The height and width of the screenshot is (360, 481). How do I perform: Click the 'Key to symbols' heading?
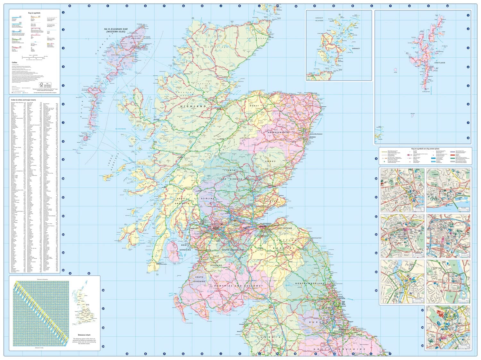(34, 13)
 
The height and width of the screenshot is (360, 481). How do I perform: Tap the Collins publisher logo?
(14, 63)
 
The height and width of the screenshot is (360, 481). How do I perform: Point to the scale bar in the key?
(34, 58)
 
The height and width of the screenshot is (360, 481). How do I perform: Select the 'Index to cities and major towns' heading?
(22, 100)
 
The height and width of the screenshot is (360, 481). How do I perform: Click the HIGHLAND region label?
(193, 106)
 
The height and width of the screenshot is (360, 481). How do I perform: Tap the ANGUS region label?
(270, 161)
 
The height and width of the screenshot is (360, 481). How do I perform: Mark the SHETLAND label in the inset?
(440, 63)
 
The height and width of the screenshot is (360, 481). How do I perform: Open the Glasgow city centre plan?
(448, 236)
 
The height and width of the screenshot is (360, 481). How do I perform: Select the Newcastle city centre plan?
(448, 328)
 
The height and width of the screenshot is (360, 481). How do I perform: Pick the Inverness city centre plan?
(402, 281)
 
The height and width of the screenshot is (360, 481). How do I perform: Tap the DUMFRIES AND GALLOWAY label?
(237, 286)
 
